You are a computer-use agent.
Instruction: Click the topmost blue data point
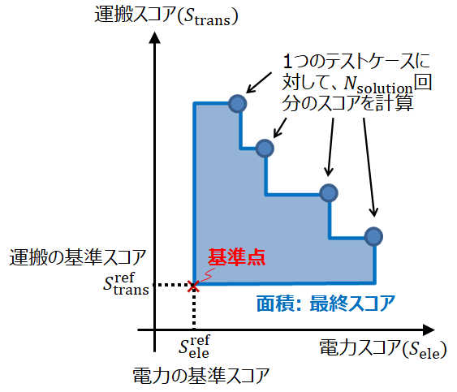tap(238, 104)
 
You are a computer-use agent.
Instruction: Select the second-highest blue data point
tap(265, 149)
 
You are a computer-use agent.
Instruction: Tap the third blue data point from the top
tap(329, 193)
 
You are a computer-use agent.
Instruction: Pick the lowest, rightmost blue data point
tap(373, 236)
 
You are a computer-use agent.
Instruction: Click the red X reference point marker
tap(193, 286)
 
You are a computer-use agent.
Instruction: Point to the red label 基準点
tap(236, 257)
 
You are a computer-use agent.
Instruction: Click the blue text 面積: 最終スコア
tap(326, 304)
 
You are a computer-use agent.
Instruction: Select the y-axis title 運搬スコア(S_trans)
tap(166, 15)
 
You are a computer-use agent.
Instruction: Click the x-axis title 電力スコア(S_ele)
tap(383, 348)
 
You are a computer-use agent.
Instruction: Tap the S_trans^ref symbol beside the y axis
tap(126, 283)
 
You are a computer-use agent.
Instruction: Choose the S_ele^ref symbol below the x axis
tap(194, 347)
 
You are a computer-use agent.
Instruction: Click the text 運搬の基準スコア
tap(78, 257)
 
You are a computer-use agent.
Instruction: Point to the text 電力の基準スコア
tap(200, 375)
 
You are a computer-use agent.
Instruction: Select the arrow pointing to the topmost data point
tap(259, 83)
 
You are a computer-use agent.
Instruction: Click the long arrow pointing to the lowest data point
tap(369, 167)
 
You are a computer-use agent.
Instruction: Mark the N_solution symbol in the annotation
tap(378, 84)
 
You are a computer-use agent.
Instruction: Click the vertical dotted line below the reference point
tap(194, 309)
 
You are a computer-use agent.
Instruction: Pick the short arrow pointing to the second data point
tap(280, 127)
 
